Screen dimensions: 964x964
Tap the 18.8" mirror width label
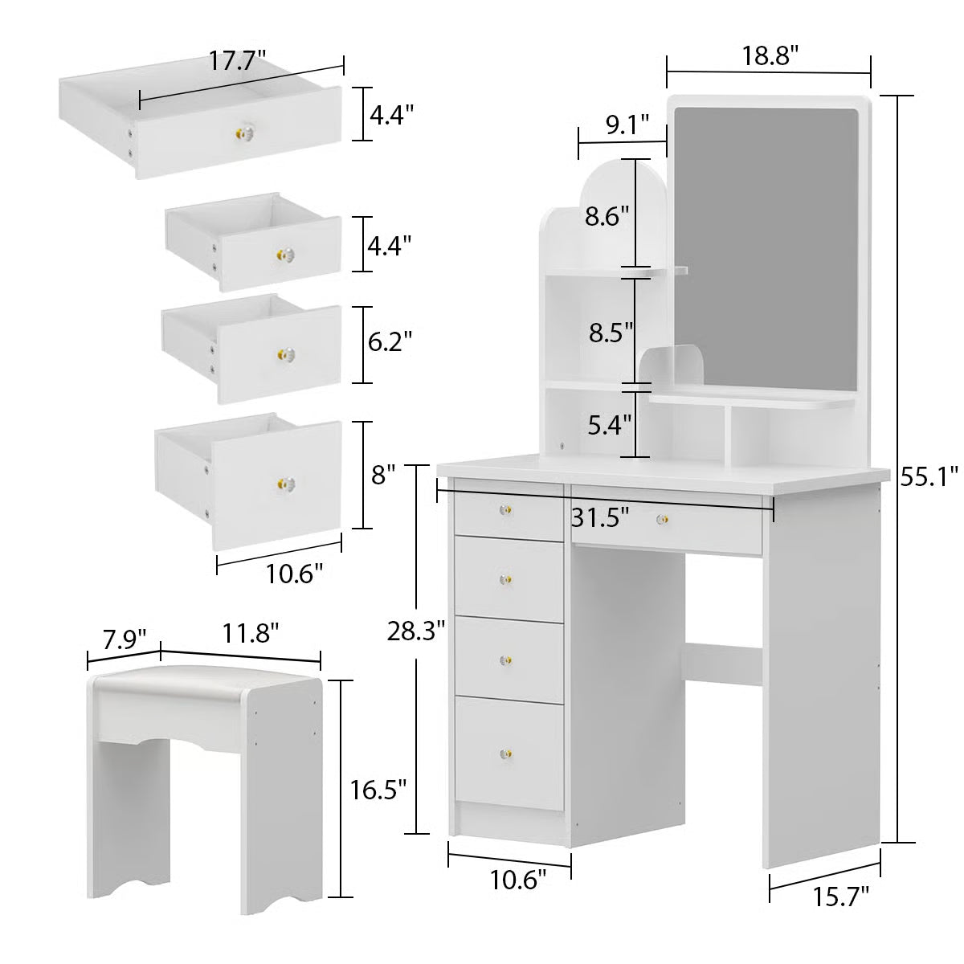(x=769, y=55)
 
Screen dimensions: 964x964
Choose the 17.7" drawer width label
(x=239, y=62)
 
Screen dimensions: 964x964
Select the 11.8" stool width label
(x=246, y=633)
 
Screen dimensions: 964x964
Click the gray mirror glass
(x=766, y=241)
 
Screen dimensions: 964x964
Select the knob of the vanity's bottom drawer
(x=507, y=755)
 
